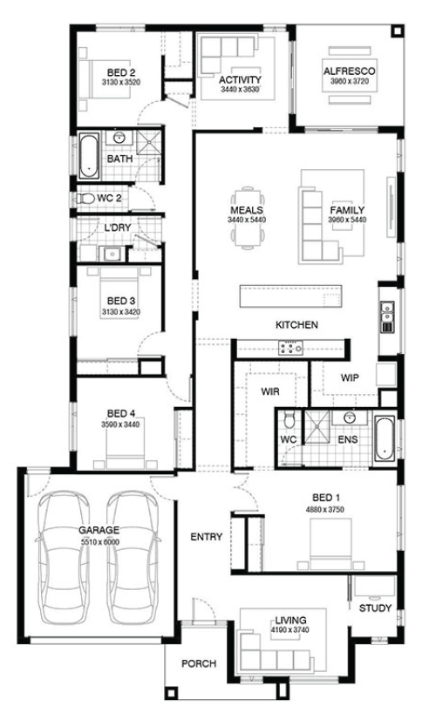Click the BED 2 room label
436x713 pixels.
coord(121,72)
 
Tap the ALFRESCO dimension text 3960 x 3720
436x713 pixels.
coord(349,81)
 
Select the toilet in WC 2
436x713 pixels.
coord(85,198)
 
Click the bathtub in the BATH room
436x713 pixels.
coord(89,155)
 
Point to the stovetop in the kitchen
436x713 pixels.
coord(290,349)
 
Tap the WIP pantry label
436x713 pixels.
coord(350,377)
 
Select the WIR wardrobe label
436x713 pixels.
coord(269,391)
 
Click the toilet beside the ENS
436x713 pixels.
coord(290,420)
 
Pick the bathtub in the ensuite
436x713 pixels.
coord(385,438)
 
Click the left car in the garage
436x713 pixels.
coord(64,557)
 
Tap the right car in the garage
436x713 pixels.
coord(133,557)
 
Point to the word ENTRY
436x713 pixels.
coord(206,537)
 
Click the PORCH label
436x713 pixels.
coord(199,664)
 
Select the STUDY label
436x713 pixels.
coord(375,608)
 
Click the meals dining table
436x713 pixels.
coord(248,217)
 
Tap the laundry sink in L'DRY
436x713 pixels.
coord(111,254)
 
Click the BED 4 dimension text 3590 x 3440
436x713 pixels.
coord(120,424)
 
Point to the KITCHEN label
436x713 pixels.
coord(296,324)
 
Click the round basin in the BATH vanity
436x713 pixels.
coord(120,138)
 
